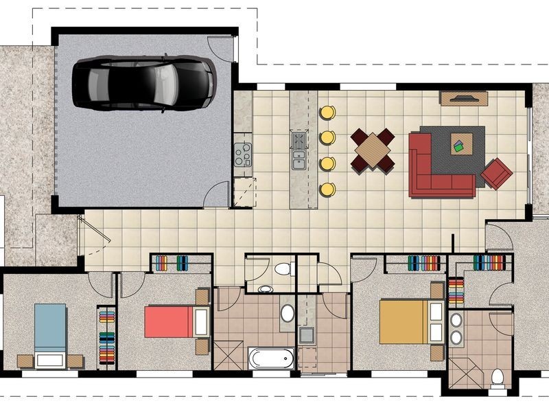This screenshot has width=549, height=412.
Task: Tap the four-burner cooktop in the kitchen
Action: [242, 154]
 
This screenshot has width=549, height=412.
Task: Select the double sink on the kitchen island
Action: [299, 150]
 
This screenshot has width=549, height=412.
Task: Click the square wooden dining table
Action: [373, 149]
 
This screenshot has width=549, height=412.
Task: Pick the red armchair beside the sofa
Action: [496, 172]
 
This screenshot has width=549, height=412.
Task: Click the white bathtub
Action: [272, 358]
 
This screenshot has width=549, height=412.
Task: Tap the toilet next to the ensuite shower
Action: [497, 377]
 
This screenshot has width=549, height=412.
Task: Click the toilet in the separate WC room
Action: [281, 268]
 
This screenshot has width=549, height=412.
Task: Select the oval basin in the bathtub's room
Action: [287, 313]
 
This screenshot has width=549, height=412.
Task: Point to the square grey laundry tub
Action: [306, 336]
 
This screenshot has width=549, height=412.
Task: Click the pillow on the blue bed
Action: [50, 358]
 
